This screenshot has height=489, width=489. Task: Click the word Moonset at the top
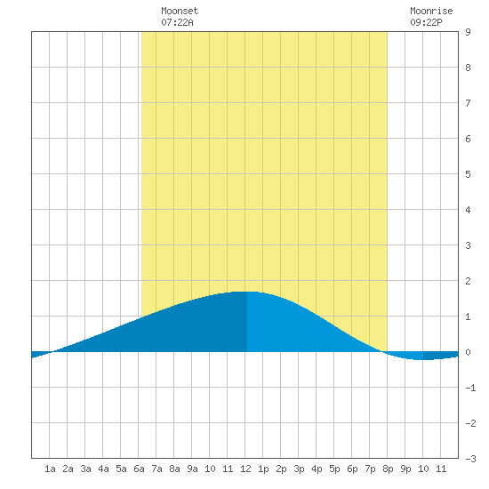click(180, 11)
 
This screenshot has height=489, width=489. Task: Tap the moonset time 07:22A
click(177, 22)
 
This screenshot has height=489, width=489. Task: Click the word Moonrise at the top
click(431, 11)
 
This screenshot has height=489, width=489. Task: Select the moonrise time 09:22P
click(426, 22)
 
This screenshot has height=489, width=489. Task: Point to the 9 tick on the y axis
click(468, 32)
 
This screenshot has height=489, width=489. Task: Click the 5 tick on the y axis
click(468, 174)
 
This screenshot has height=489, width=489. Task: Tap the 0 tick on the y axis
click(468, 352)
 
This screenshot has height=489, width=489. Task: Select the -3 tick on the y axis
click(471, 459)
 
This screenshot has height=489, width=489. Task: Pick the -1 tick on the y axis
click(471, 388)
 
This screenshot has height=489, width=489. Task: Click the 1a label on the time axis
click(50, 469)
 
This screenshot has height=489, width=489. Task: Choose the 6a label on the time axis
click(139, 469)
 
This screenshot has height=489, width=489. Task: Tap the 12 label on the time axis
click(245, 469)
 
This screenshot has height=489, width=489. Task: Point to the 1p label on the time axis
click(263, 469)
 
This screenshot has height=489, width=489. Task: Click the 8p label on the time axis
click(388, 469)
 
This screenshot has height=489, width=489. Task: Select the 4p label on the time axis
click(317, 469)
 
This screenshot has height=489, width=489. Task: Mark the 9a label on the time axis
click(192, 469)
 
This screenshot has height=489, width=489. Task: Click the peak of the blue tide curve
click(246, 292)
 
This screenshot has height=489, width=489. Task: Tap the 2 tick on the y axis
click(468, 281)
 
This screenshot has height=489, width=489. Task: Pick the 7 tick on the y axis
click(468, 103)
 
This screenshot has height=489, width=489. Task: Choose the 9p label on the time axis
click(405, 469)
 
